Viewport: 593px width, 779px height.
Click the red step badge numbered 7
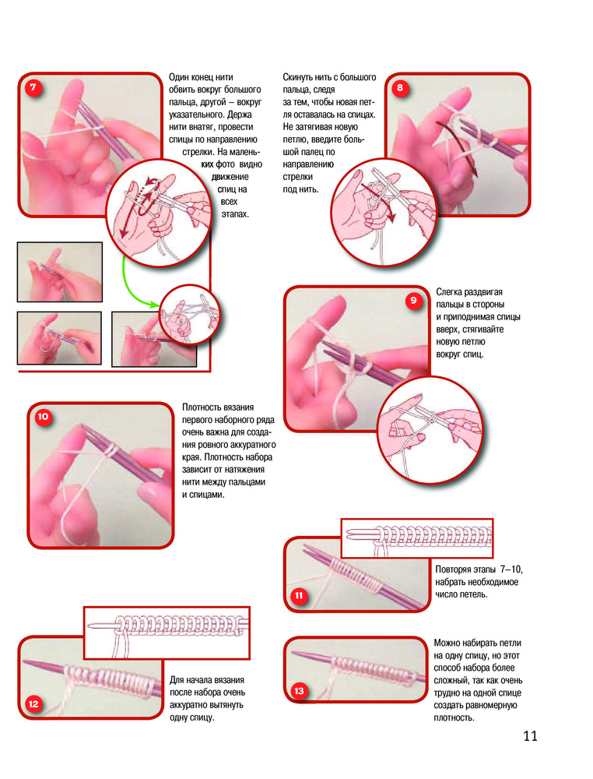click(33, 88)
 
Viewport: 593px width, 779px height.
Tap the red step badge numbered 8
click(400, 89)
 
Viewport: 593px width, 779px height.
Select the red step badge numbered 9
click(413, 301)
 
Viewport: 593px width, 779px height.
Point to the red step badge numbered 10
click(43, 416)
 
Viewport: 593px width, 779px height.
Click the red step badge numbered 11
click(299, 595)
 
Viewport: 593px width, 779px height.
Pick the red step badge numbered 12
click(33, 703)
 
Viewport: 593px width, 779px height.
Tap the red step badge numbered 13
click(299, 690)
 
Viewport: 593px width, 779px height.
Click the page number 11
click(530, 736)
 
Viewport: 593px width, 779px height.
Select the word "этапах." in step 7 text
click(235, 214)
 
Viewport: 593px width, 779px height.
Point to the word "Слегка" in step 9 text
click(449, 291)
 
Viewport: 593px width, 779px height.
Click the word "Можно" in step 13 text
click(446, 643)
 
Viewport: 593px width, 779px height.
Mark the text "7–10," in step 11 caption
click(511, 569)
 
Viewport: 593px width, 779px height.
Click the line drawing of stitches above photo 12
click(167, 633)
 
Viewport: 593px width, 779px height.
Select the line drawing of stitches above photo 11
click(417, 538)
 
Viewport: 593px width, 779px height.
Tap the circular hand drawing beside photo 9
click(430, 429)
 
